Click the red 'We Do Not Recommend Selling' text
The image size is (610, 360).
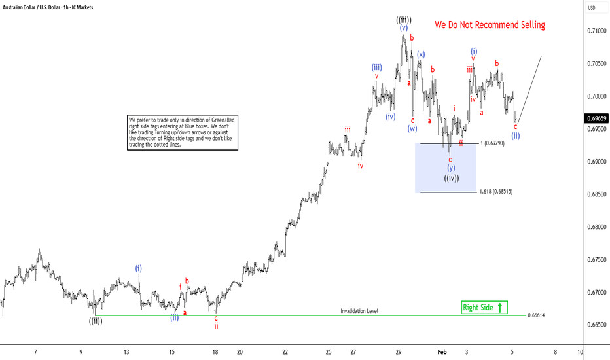point(490,25)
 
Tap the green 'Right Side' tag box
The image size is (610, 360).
point(484,307)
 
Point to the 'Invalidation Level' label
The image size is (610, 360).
point(359,311)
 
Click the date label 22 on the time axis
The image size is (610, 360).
point(285,351)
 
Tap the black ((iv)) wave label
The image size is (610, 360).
point(451,178)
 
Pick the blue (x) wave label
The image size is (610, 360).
point(421,54)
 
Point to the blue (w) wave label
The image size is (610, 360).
point(412,128)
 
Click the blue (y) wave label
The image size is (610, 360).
point(451,168)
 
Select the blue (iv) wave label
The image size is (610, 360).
point(391,117)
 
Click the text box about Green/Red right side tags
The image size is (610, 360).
point(182,133)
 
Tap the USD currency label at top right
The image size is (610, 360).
point(592,8)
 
